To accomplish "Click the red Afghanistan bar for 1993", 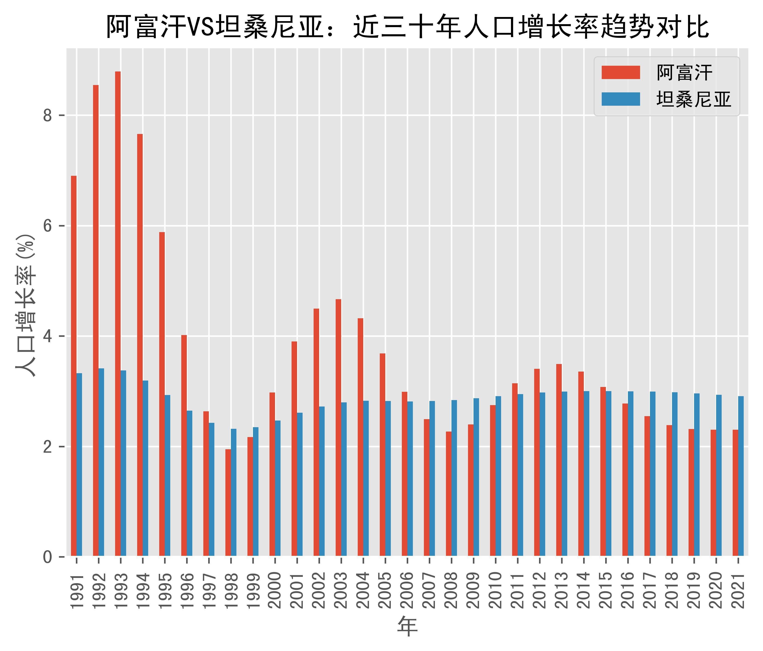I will [118, 313].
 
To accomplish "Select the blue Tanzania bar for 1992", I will [101, 462].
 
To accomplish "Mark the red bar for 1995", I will [162, 394].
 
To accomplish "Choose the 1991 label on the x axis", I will [77, 591].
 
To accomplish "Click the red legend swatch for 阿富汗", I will [621, 72].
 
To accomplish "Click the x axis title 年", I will [407, 626].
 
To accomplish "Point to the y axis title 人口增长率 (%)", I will [26, 306].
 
